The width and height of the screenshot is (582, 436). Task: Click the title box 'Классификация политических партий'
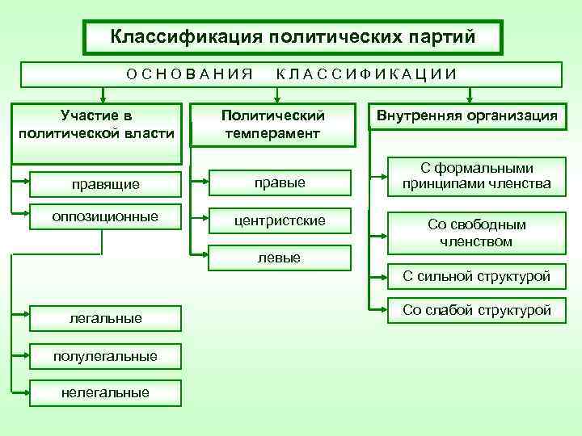(x=293, y=37)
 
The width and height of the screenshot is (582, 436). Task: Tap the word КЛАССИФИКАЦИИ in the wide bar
(x=367, y=74)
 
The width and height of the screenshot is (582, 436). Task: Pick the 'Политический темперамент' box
(x=272, y=124)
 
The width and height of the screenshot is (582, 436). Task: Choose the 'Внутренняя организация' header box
(x=465, y=116)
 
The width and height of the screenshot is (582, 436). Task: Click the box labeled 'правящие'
(x=104, y=184)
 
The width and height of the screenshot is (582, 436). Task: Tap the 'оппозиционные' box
(x=104, y=216)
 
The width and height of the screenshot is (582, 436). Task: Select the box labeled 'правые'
(x=280, y=183)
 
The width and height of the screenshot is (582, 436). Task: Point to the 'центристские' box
(x=280, y=220)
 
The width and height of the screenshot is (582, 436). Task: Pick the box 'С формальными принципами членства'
(x=476, y=176)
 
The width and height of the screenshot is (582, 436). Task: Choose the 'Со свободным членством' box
(x=476, y=233)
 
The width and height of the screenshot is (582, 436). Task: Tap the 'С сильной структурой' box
(x=476, y=277)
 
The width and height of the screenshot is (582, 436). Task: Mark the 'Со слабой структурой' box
(x=476, y=310)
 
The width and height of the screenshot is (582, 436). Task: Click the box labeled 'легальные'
(x=106, y=319)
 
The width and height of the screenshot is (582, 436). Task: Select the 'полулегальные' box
(x=106, y=356)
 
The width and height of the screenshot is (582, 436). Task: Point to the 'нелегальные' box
(x=106, y=392)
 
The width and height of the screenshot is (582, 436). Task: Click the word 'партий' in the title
(x=436, y=37)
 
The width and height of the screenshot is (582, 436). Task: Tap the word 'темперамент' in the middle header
(x=272, y=132)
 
